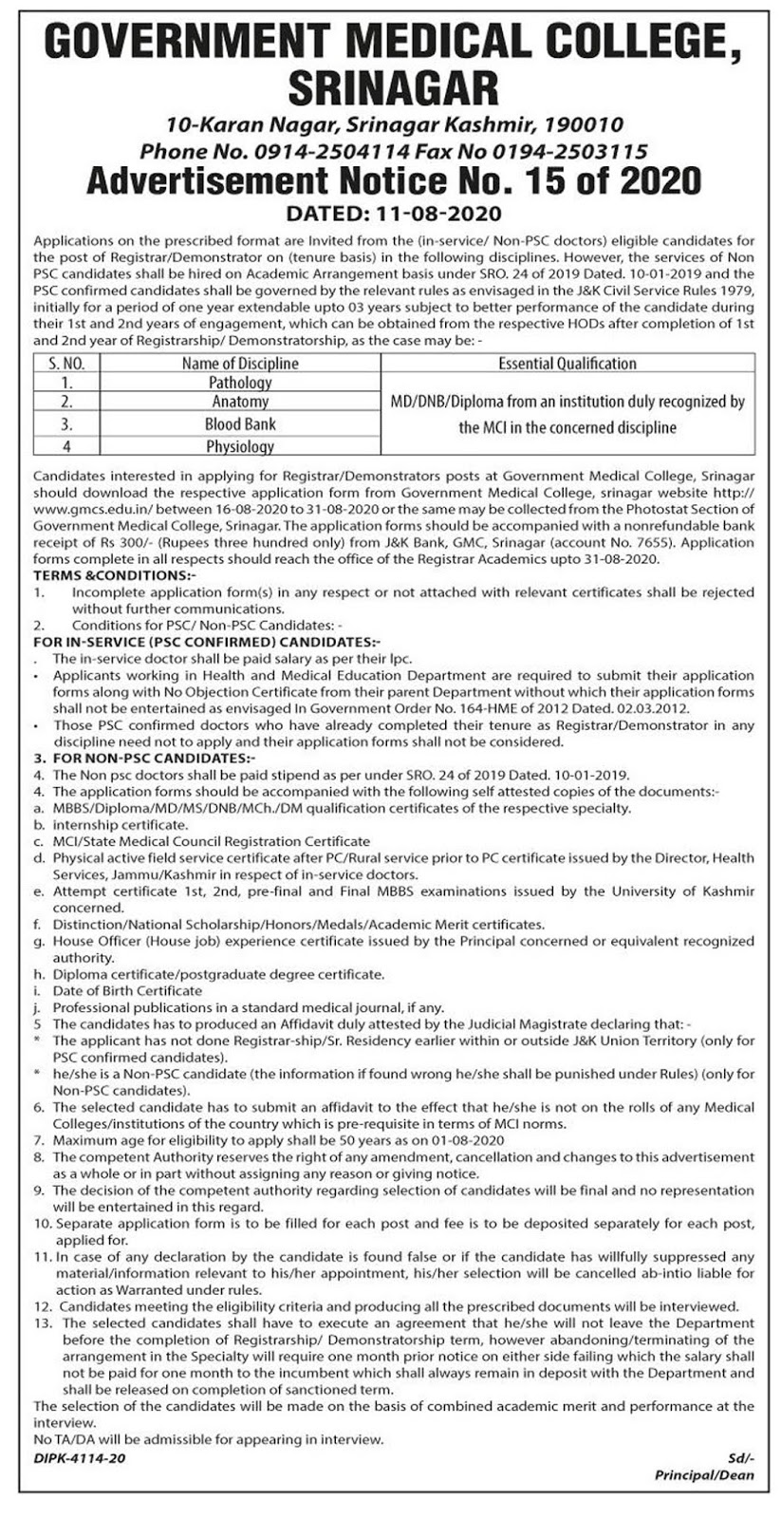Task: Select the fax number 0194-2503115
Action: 579,150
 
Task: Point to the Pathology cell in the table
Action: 240,382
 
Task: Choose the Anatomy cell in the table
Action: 240,403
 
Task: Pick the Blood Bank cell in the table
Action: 240,424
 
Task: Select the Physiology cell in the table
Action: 240,445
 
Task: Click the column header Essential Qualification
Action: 567,363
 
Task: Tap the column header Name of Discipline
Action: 240,363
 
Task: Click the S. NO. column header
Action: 66,363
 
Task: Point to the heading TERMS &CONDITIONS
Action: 114,575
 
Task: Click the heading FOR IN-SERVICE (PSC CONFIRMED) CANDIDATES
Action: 206,643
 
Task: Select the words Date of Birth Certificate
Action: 127,990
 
